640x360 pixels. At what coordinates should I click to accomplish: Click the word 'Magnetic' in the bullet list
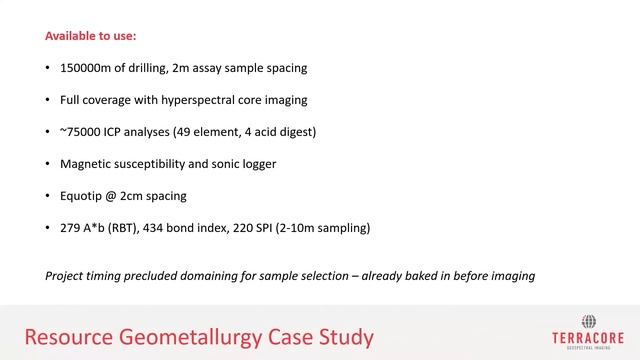click(x=87, y=164)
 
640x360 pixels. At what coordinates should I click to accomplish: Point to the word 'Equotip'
click(x=85, y=196)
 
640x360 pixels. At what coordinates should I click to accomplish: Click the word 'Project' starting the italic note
click(x=66, y=274)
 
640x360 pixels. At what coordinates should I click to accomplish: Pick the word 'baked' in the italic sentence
click(x=429, y=274)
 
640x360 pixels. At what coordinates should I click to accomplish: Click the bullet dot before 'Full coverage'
click(x=48, y=101)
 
